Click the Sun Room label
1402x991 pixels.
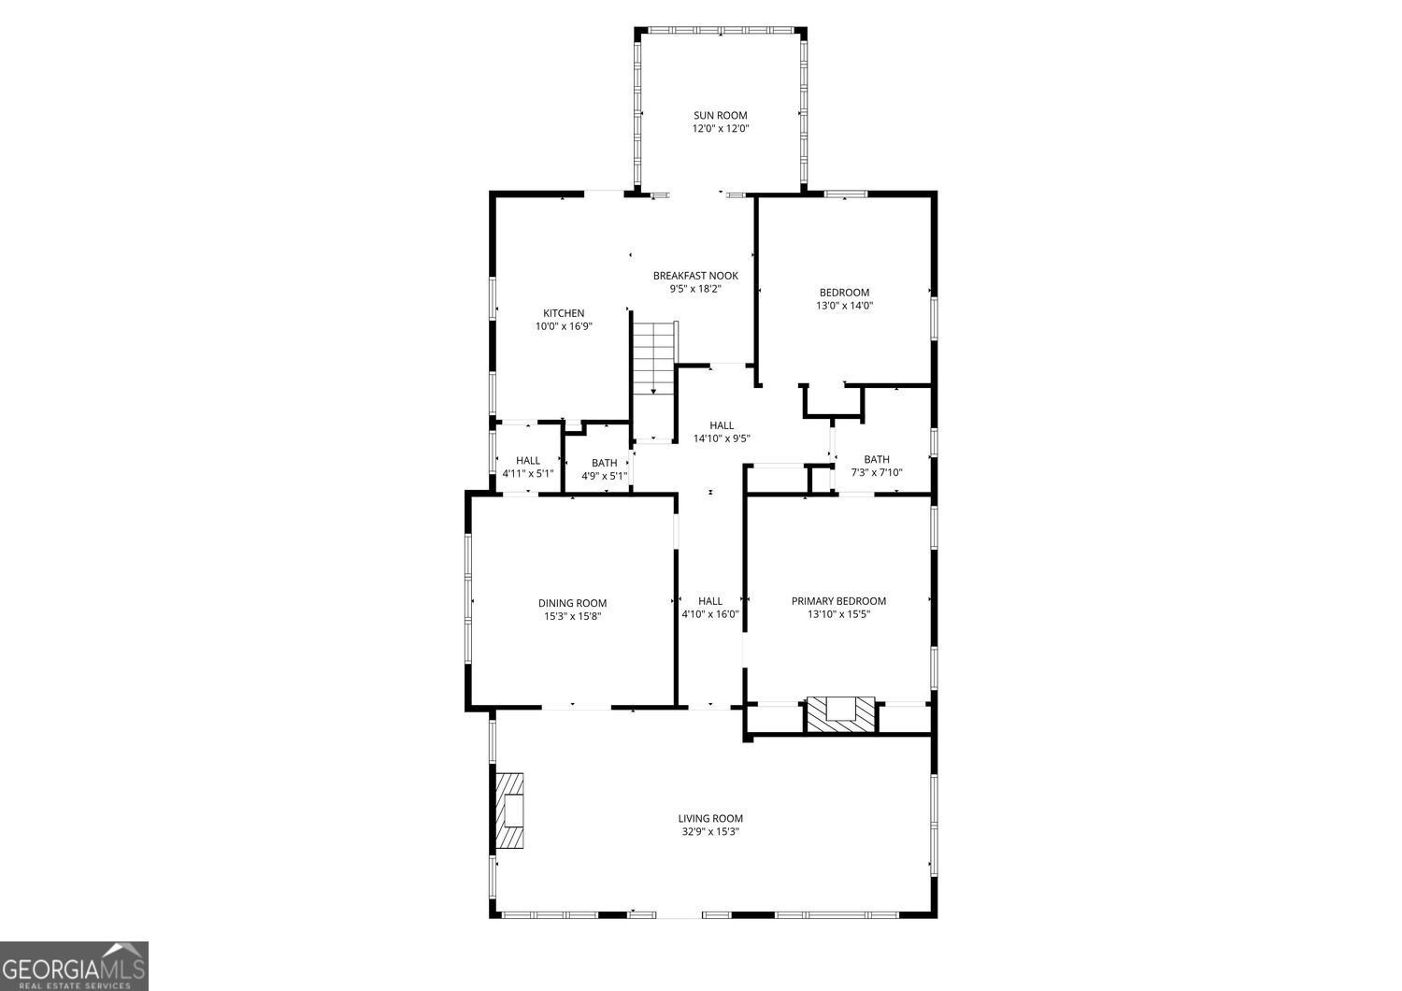pyautogui.click(x=721, y=115)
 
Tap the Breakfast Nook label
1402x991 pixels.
pyautogui.click(x=695, y=276)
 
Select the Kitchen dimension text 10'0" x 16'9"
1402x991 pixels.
pyautogui.click(x=564, y=326)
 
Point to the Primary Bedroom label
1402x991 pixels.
pyautogui.click(x=838, y=601)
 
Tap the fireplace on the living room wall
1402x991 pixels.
pyautogui.click(x=510, y=810)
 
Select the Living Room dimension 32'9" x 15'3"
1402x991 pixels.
pyautogui.click(x=710, y=831)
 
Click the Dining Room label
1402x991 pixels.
pyautogui.click(x=572, y=603)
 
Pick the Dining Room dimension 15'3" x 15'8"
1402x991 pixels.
pyautogui.click(x=572, y=616)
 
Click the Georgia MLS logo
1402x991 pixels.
pyautogui.click(x=74, y=966)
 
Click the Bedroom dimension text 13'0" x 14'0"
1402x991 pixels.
pyautogui.click(x=844, y=306)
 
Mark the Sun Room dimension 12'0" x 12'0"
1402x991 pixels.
pyautogui.click(x=721, y=129)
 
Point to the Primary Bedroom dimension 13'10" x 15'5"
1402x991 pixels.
pyautogui.click(x=838, y=614)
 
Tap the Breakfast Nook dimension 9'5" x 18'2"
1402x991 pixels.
pyautogui.click(x=695, y=289)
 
